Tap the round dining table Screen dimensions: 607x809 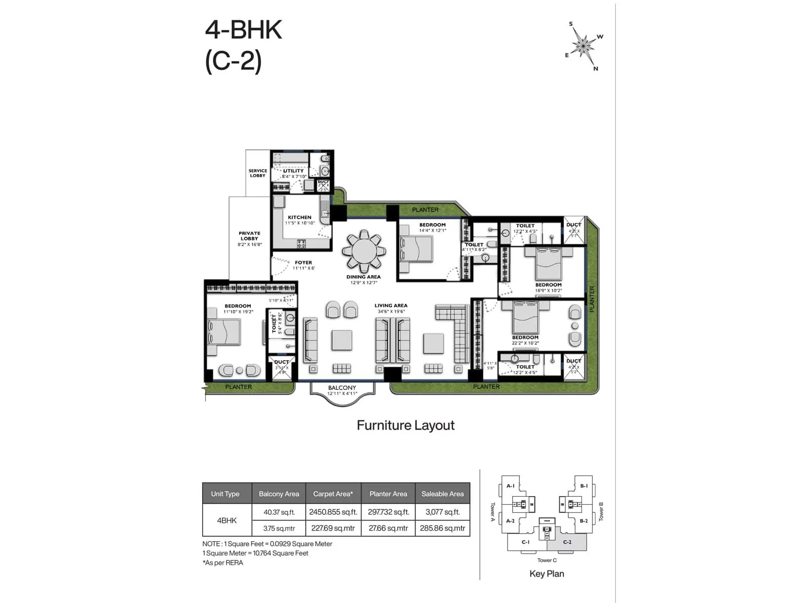pyautogui.click(x=364, y=251)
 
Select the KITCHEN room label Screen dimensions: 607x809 pyautogui.click(x=299, y=218)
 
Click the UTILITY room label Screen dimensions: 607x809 pyautogui.click(x=293, y=171)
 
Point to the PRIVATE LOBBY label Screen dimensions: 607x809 pyautogui.click(x=249, y=236)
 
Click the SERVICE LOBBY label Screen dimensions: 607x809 pyautogui.click(x=257, y=173)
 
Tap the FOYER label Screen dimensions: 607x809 pyautogui.click(x=303, y=263)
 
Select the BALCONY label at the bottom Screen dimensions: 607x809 pyautogui.click(x=342, y=387)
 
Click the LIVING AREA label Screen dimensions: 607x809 pyautogui.click(x=391, y=306)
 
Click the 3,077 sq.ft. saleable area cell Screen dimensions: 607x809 pyautogui.click(x=442, y=512)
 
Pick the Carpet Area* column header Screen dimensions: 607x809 pyautogui.click(x=333, y=494)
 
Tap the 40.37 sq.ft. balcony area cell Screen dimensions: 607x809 pyautogui.click(x=279, y=512)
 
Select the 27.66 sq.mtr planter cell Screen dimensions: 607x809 pyautogui.click(x=388, y=528)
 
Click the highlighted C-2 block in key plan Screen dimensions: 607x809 pyautogui.click(x=567, y=543)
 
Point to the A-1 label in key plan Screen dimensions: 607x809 pyautogui.click(x=510, y=486)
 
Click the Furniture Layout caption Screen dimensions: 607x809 pyautogui.click(x=406, y=425)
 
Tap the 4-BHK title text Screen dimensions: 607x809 pyautogui.click(x=244, y=30)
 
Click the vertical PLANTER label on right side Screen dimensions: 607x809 pyautogui.click(x=592, y=299)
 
